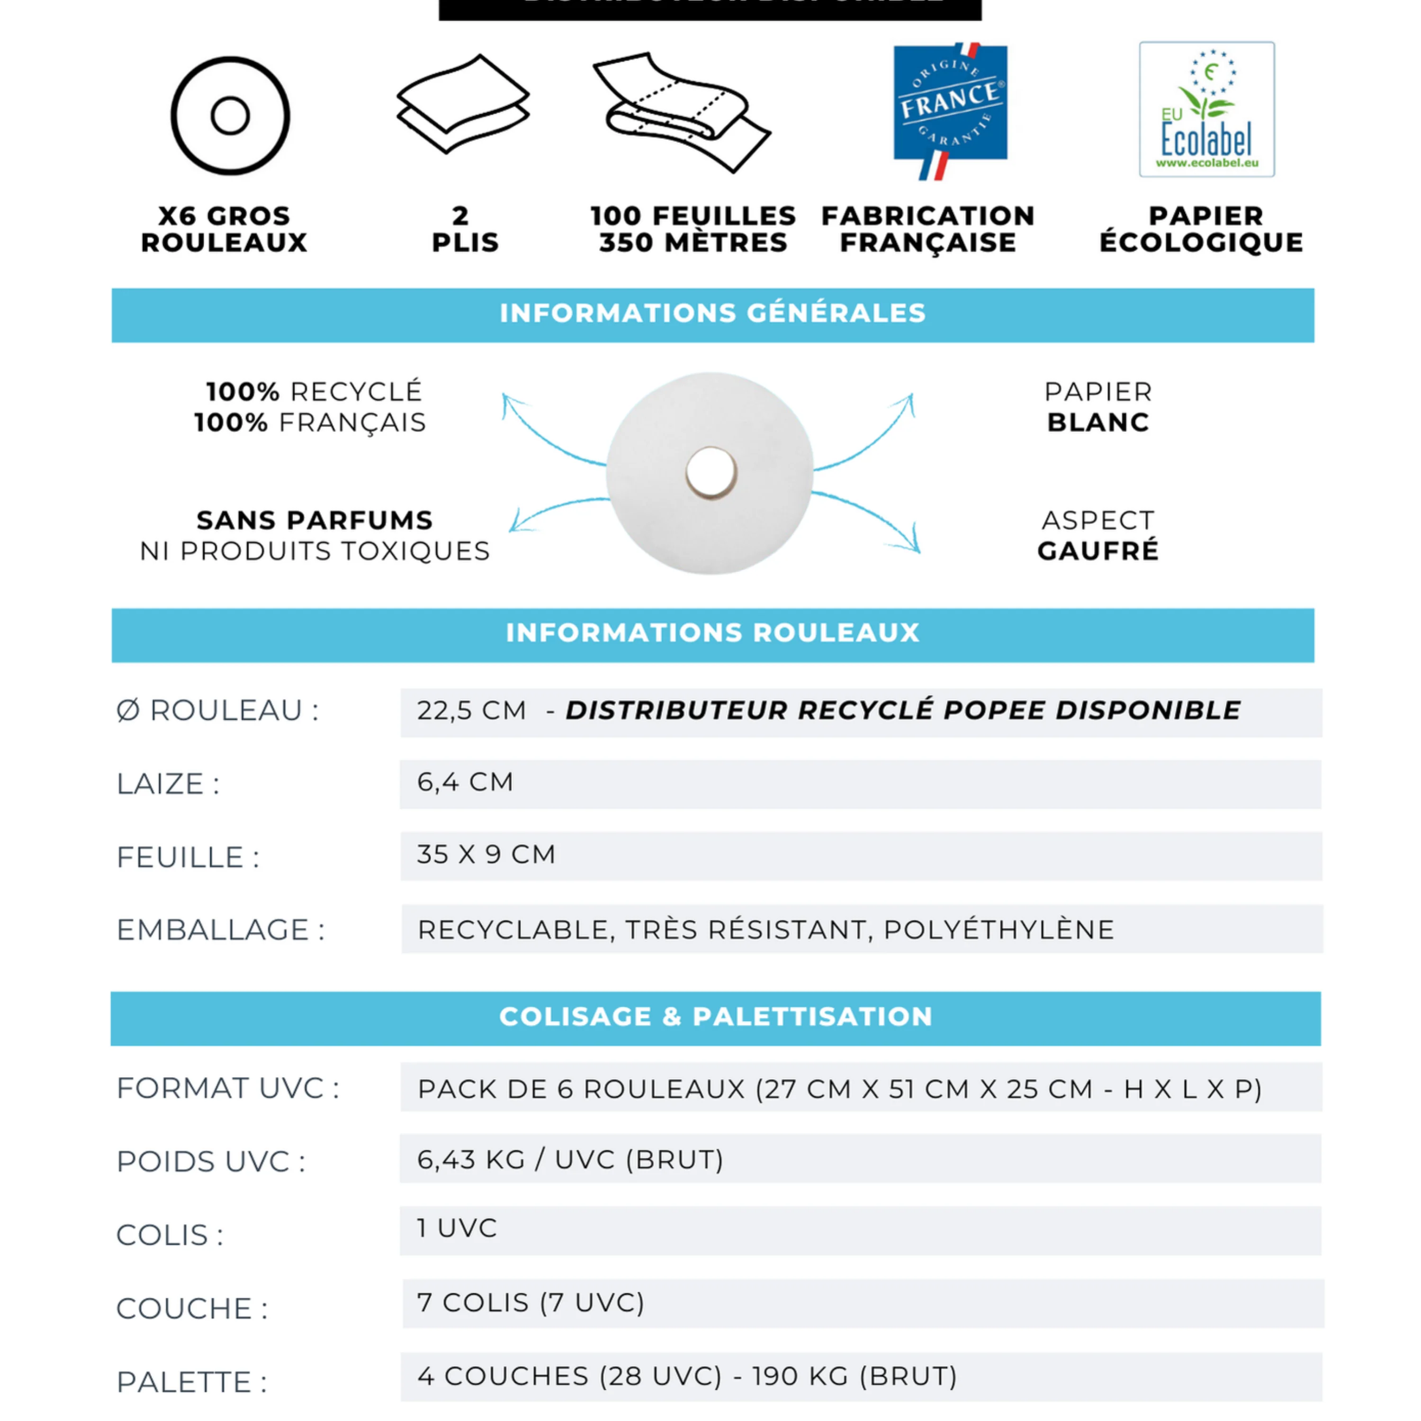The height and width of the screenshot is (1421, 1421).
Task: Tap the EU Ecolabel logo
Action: point(1206,109)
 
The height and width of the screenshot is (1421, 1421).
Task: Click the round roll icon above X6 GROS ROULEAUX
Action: point(230,116)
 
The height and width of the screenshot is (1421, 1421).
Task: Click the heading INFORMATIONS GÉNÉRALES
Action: point(712,313)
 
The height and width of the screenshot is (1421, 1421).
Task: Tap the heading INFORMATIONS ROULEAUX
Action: point(712,633)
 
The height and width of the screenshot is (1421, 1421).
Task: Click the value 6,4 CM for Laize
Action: point(465,782)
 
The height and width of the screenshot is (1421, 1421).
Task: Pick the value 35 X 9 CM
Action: point(486,854)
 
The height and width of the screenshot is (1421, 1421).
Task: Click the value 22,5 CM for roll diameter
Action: point(471,710)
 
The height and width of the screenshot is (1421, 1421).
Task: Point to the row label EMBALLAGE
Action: point(220,930)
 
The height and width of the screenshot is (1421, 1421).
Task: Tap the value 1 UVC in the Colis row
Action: point(457,1228)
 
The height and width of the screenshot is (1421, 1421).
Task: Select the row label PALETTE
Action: point(191,1382)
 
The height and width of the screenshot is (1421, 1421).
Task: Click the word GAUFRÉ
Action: point(1097,551)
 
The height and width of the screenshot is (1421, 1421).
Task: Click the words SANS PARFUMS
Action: point(315,520)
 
